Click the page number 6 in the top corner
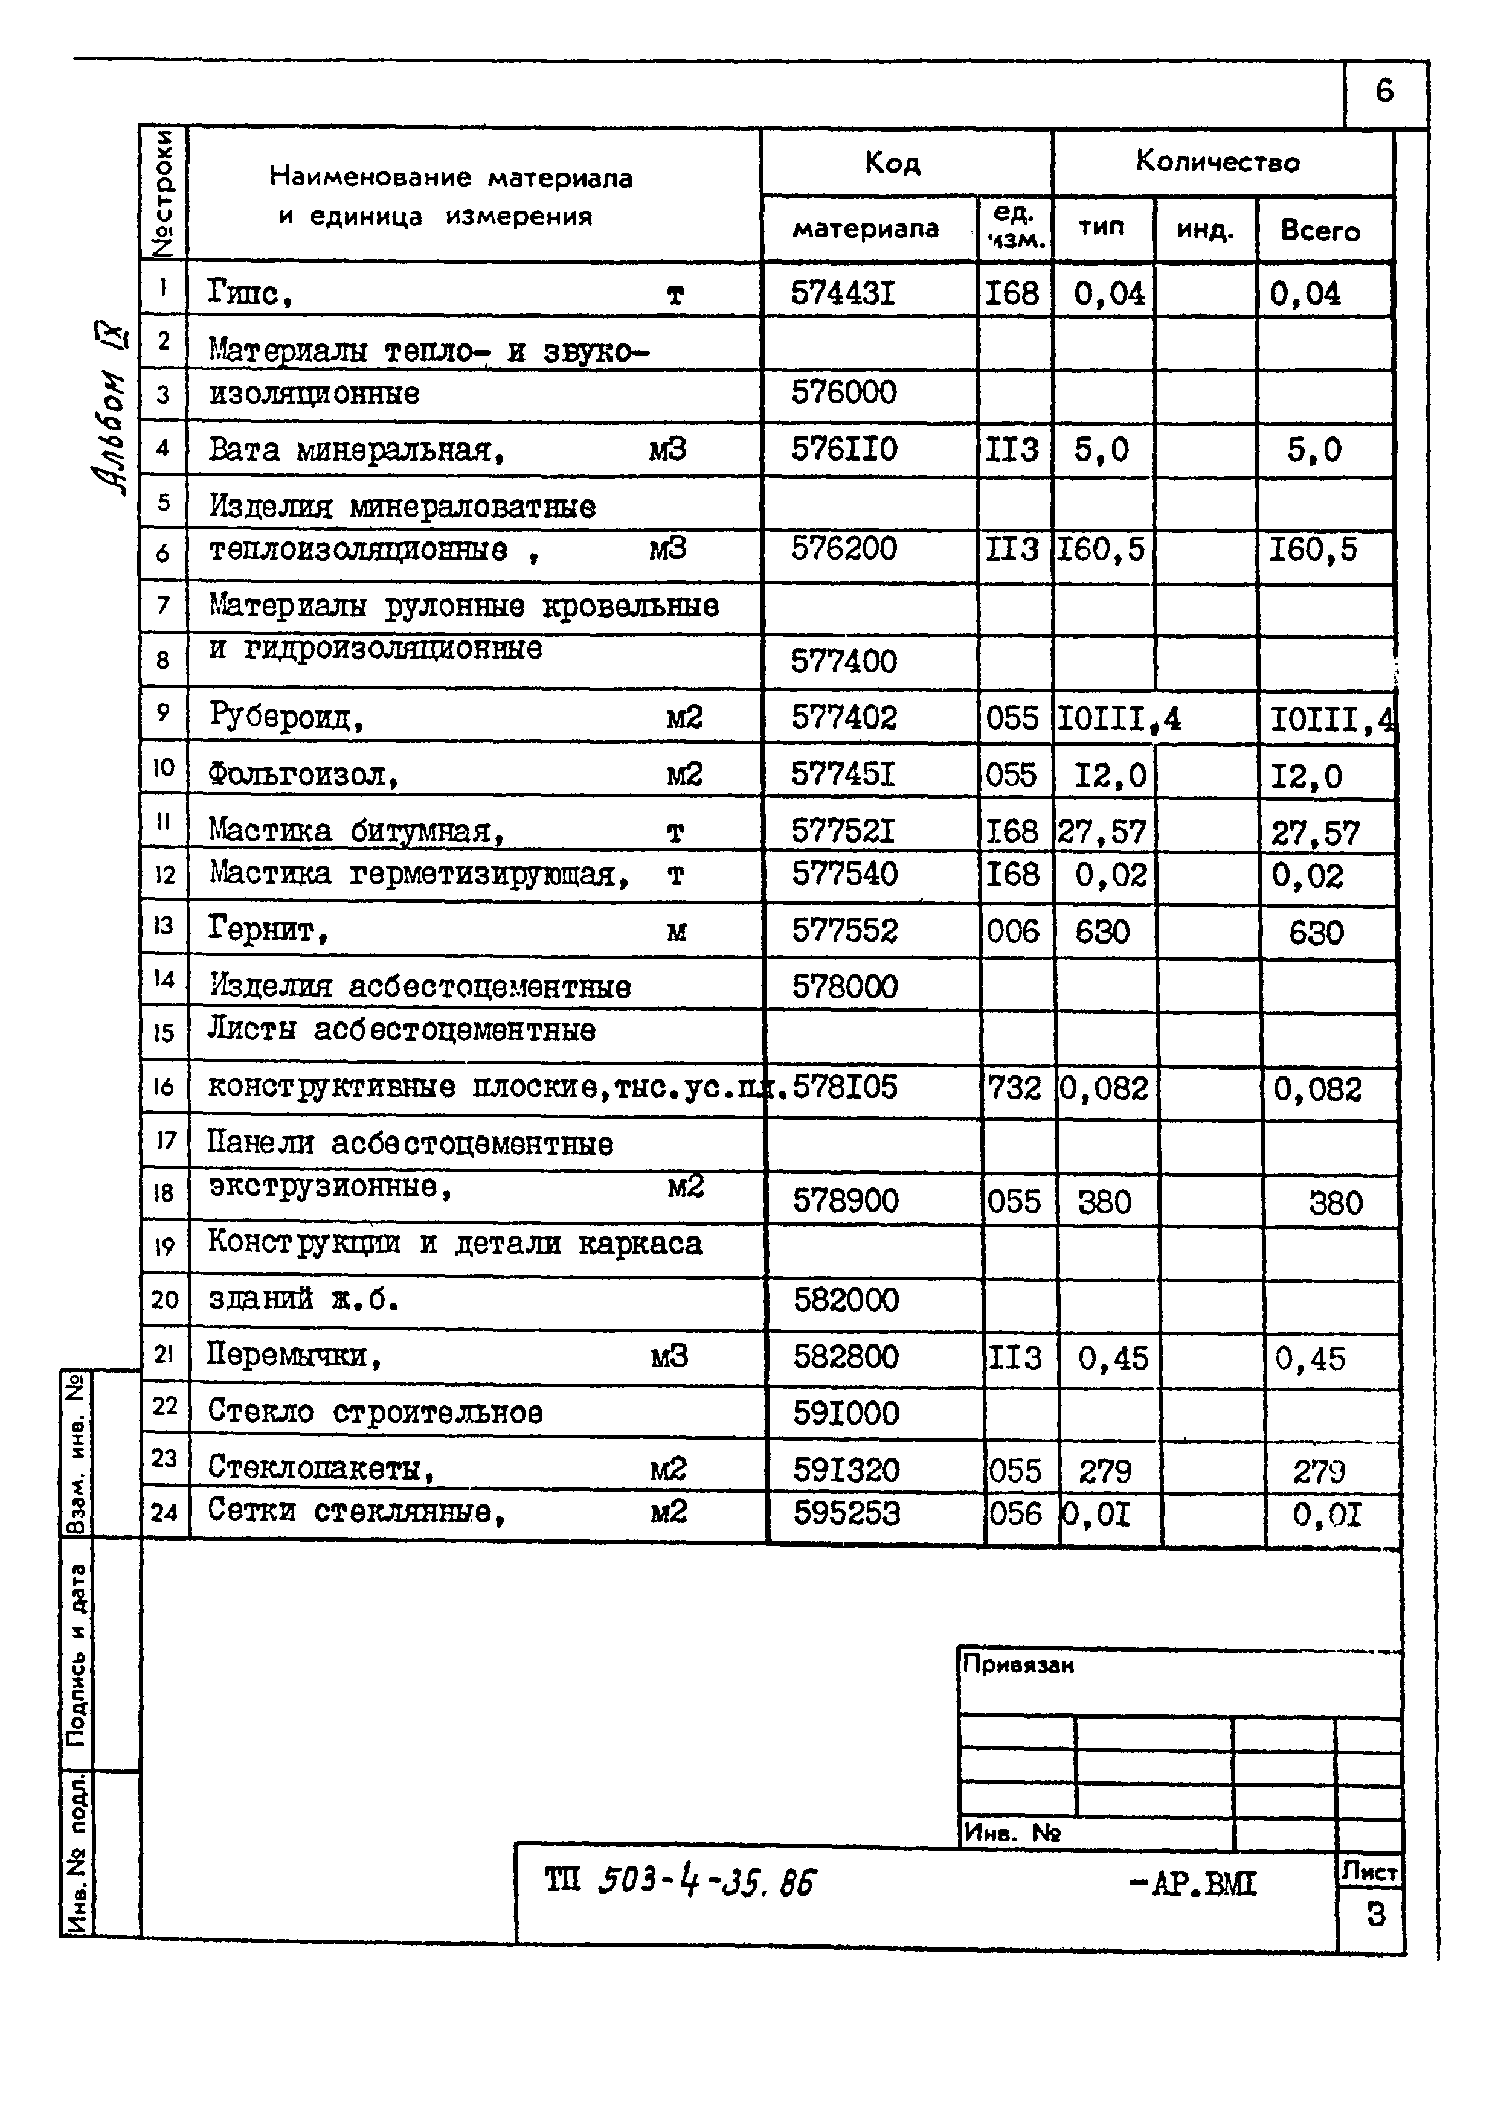point(1384,91)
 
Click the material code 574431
point(843,293)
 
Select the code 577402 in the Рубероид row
point(843,717)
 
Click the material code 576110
point(843,449)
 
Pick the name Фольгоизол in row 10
point(303,774)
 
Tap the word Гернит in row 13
point(268,930)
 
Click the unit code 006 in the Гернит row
point(1013,931)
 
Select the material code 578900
point(845,1201)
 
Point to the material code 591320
point(846,1470)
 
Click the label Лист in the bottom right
point(1370,1872)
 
